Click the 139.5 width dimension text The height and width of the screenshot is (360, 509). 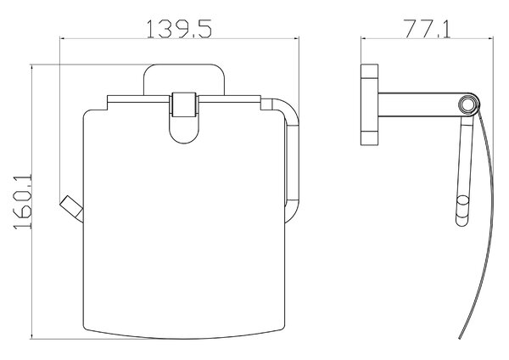[x=179, y=29]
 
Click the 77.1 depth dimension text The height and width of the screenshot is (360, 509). [x=427, y=29]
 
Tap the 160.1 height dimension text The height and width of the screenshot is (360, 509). [x=22, y=202]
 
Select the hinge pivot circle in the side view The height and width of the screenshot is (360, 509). [x=469, y=104]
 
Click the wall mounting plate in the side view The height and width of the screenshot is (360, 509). [x=369, y=104]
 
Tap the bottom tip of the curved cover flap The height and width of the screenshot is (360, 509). [x=460, y=338]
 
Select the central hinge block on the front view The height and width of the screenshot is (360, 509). [x=183, y=104]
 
